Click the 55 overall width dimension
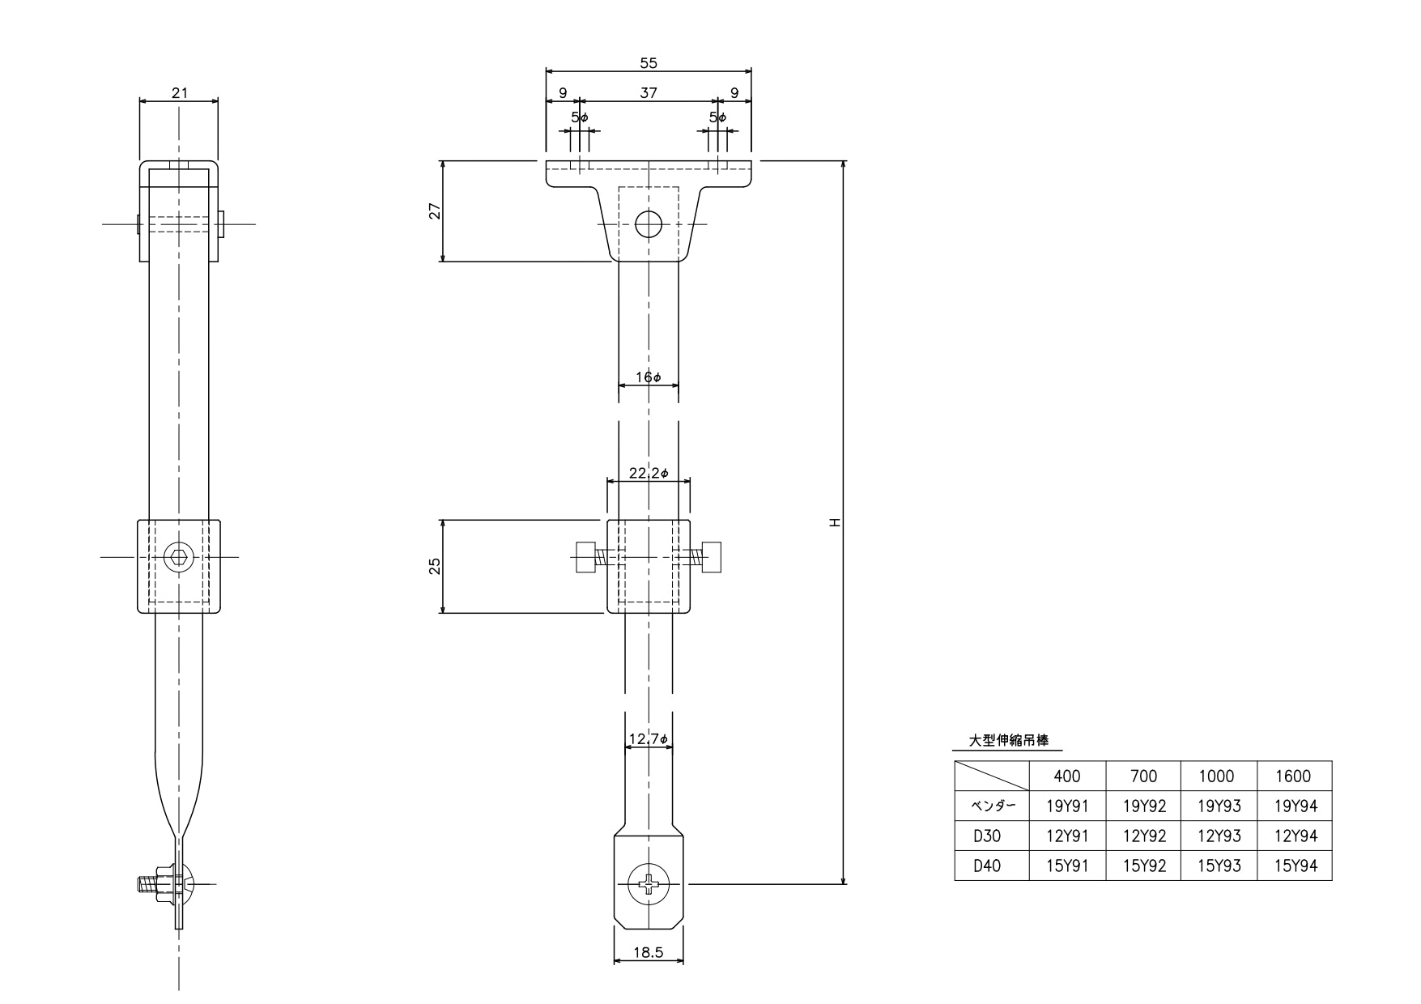click(649, 63)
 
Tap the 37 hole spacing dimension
click(649, 93)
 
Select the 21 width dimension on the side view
click(179, 92)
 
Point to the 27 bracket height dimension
click(434, 211)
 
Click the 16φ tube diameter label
click(649, 377)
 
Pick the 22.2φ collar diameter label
click(649, 473)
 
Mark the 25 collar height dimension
click(434, 566)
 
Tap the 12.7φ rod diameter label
click(649, 739)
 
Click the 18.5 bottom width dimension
click(648, 953)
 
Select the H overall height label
click(835, 522)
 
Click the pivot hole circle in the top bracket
click(649, 223)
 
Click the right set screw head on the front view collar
click(713, 557)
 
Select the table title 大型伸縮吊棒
click(1009, 740)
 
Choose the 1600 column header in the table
click(1293, 776)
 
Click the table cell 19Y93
click(1219, 806)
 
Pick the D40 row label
click(987, 866)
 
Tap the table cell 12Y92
click(1143, 836)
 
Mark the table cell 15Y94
click(1295, 866)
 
